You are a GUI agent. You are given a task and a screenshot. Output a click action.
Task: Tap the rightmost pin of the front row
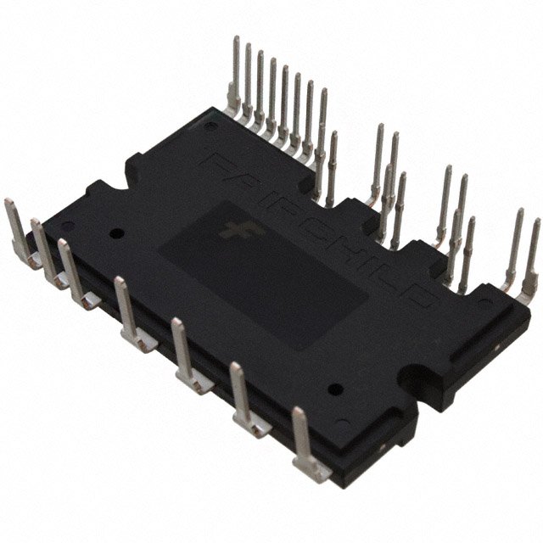click(x=302, y=437)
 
